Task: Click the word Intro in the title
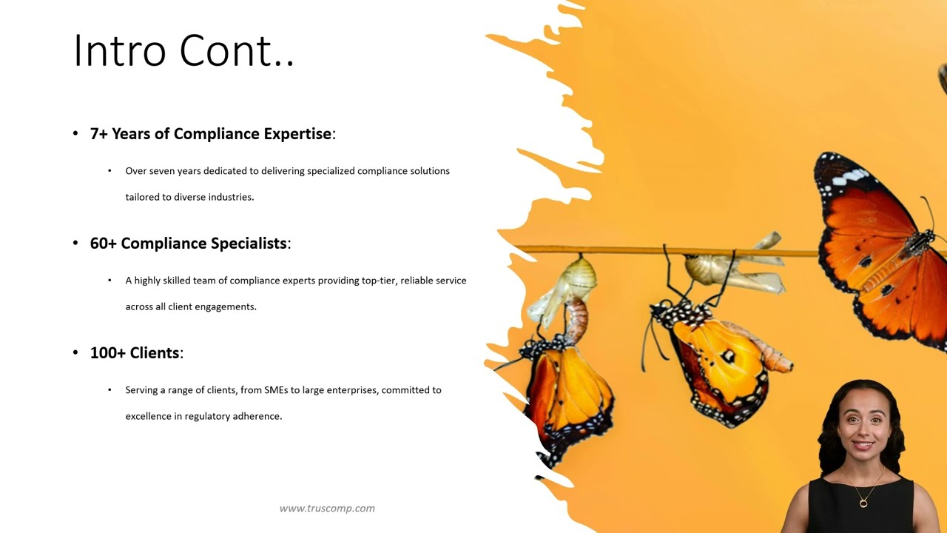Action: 121,51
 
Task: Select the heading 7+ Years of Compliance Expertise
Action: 211,134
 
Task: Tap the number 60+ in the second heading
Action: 104,244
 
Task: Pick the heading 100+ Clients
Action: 135,353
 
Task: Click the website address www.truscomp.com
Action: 327,509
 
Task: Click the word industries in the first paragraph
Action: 231,197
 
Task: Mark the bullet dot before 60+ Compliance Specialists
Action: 75,244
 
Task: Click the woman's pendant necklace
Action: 863,503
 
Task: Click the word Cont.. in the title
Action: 237,51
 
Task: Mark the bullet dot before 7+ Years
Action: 75,134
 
